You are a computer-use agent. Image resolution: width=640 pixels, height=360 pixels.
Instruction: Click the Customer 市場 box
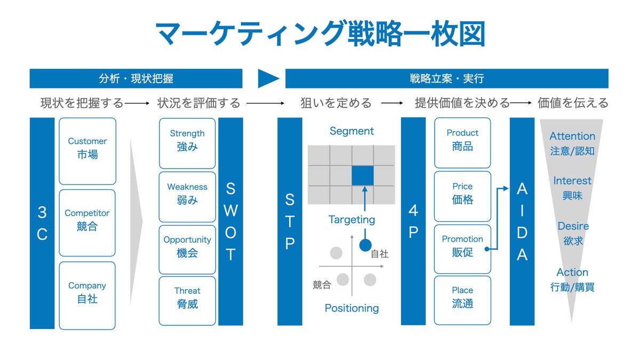(x=87, y=151)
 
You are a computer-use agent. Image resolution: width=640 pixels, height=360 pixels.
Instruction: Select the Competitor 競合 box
(x=87, y=223)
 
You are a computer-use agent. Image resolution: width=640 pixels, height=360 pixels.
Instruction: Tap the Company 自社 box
(x=87, y=295)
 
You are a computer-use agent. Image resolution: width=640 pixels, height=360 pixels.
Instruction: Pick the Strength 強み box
(x=187, y=143)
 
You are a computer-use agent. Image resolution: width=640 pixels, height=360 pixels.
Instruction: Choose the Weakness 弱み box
(x=187, y=197)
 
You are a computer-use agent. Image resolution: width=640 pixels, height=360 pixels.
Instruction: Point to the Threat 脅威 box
(x=187, y=301)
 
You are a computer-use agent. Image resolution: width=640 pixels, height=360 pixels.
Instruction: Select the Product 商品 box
(x=462, y=143)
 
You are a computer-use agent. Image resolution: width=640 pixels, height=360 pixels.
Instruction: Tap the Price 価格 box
(x=462, y=196)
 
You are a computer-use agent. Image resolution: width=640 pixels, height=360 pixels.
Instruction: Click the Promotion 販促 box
(x=462, y=249)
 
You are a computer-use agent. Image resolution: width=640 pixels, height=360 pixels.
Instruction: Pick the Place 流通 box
(x=462, y=300)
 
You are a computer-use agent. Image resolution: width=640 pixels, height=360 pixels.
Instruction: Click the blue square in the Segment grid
(x=363, y=175)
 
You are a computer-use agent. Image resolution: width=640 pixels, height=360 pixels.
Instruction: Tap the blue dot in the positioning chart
(x=365, y=245)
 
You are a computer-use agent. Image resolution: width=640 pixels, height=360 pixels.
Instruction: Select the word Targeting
(x=351, y=220)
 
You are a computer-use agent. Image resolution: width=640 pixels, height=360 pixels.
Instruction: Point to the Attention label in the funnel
(x=572, y=137)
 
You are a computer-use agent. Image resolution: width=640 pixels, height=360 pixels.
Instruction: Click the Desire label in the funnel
(x=573, y=226)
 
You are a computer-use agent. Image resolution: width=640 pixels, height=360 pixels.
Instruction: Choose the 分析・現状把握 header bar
(x=136, y=78)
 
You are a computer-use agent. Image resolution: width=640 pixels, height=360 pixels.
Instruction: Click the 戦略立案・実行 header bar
(x=447, y=78)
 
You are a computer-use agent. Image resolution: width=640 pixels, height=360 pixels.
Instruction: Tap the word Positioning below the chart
(x=351, y=308)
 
